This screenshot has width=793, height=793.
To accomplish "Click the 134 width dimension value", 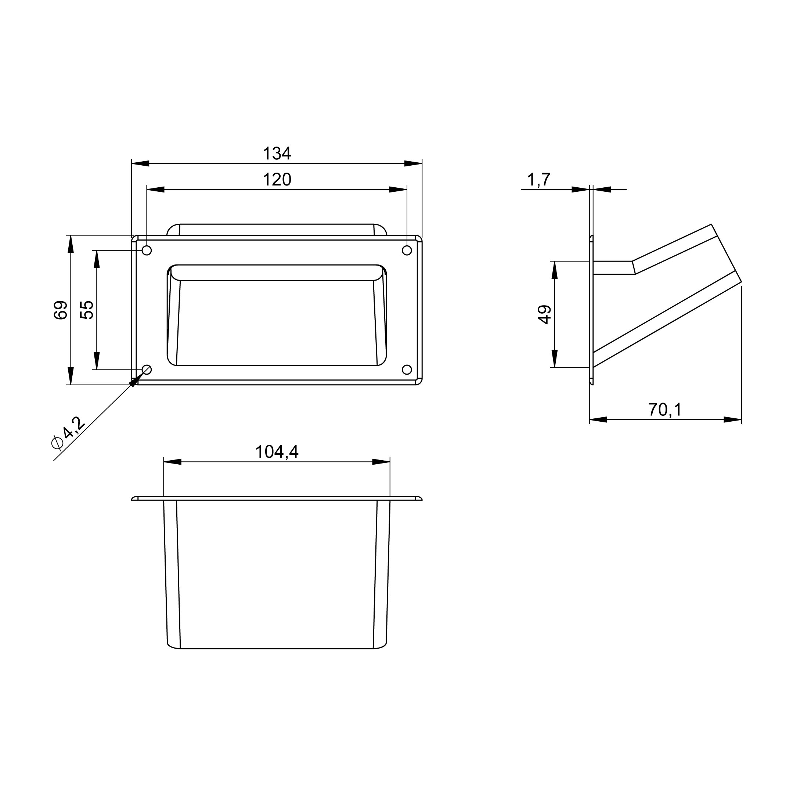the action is (x=277, y=154).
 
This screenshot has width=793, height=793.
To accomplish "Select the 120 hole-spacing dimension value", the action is (x=277, y=180).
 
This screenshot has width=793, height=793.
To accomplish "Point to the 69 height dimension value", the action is (x=61, y=310).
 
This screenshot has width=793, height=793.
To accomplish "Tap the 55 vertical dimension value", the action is (x=87, y=310).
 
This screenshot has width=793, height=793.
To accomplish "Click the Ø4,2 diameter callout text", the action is (x=69, y=432).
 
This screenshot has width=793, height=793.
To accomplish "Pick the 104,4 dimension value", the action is (x=277, y=452).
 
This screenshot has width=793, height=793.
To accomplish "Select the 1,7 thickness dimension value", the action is (x=538, y=180).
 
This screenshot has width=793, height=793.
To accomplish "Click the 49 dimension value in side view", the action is (x=545, y=314).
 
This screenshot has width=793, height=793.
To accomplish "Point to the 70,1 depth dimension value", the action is (x=665, y=410).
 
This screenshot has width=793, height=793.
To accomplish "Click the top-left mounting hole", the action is (x=147, y=250).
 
